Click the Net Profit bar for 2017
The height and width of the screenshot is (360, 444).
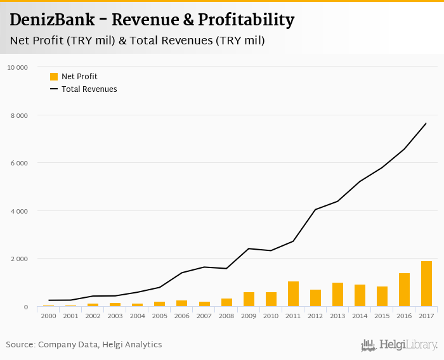coord(426,284)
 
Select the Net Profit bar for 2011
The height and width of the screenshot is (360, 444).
coord(293,294)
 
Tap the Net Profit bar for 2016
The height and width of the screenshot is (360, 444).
coord(404,290)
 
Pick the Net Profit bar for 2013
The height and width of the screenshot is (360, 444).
coord(337,295)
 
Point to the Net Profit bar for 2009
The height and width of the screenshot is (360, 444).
coord(249,299)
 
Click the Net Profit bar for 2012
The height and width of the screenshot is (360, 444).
coord(315,298)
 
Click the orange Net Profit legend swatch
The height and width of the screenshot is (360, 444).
coord(54,77)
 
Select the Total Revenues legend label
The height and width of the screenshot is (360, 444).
coord(89,89)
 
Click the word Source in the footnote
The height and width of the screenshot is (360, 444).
coord(20,345)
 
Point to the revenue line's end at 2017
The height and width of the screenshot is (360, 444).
coord(426,123)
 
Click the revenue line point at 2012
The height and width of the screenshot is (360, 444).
coord(315,210)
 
